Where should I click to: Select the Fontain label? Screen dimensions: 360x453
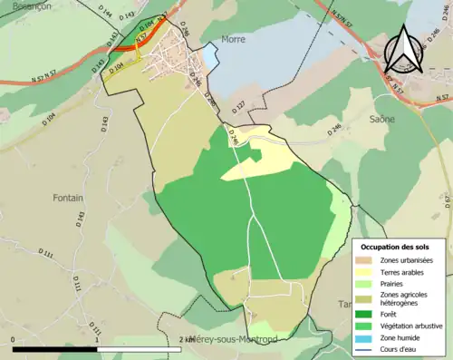tap(68, 198)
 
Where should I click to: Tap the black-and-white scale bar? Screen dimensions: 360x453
tap(100, 348)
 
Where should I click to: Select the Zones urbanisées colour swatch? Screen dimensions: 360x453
tap(367, 261)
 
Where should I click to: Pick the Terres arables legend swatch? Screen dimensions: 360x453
tap(367, 272)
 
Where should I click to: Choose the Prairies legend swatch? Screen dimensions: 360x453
tap(367, 283)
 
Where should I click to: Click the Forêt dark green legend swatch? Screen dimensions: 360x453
tap(367, 314)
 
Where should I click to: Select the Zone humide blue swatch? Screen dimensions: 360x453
tap(367, 336)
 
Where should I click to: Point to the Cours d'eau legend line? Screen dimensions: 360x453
tap(367, 347)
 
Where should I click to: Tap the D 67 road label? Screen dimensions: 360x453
tap(446, 200)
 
